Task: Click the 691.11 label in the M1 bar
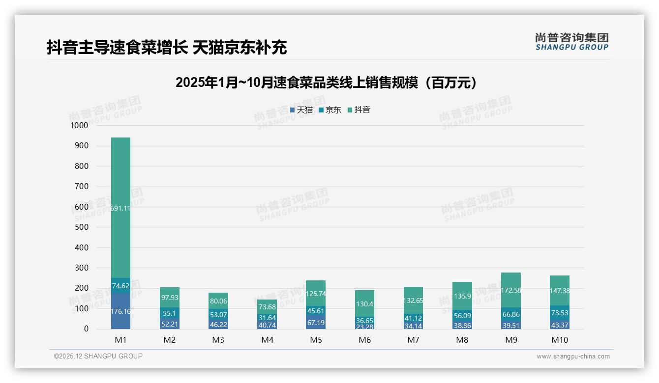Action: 120,208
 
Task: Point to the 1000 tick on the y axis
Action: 79,126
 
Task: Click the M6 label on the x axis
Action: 364,340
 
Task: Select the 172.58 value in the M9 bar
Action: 511,290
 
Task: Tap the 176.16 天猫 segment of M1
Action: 120,311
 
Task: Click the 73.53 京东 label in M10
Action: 560,313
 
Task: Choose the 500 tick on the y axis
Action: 81,227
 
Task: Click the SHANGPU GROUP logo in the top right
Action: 571,41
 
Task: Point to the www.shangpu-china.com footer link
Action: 573,356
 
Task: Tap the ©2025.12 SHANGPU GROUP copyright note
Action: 98,356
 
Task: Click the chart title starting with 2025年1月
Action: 326,82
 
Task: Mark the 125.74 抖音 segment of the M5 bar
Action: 316,294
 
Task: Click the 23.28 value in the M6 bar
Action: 364,326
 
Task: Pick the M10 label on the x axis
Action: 560,340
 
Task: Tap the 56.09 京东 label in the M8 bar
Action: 462,316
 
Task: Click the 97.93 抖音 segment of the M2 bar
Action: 169,298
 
